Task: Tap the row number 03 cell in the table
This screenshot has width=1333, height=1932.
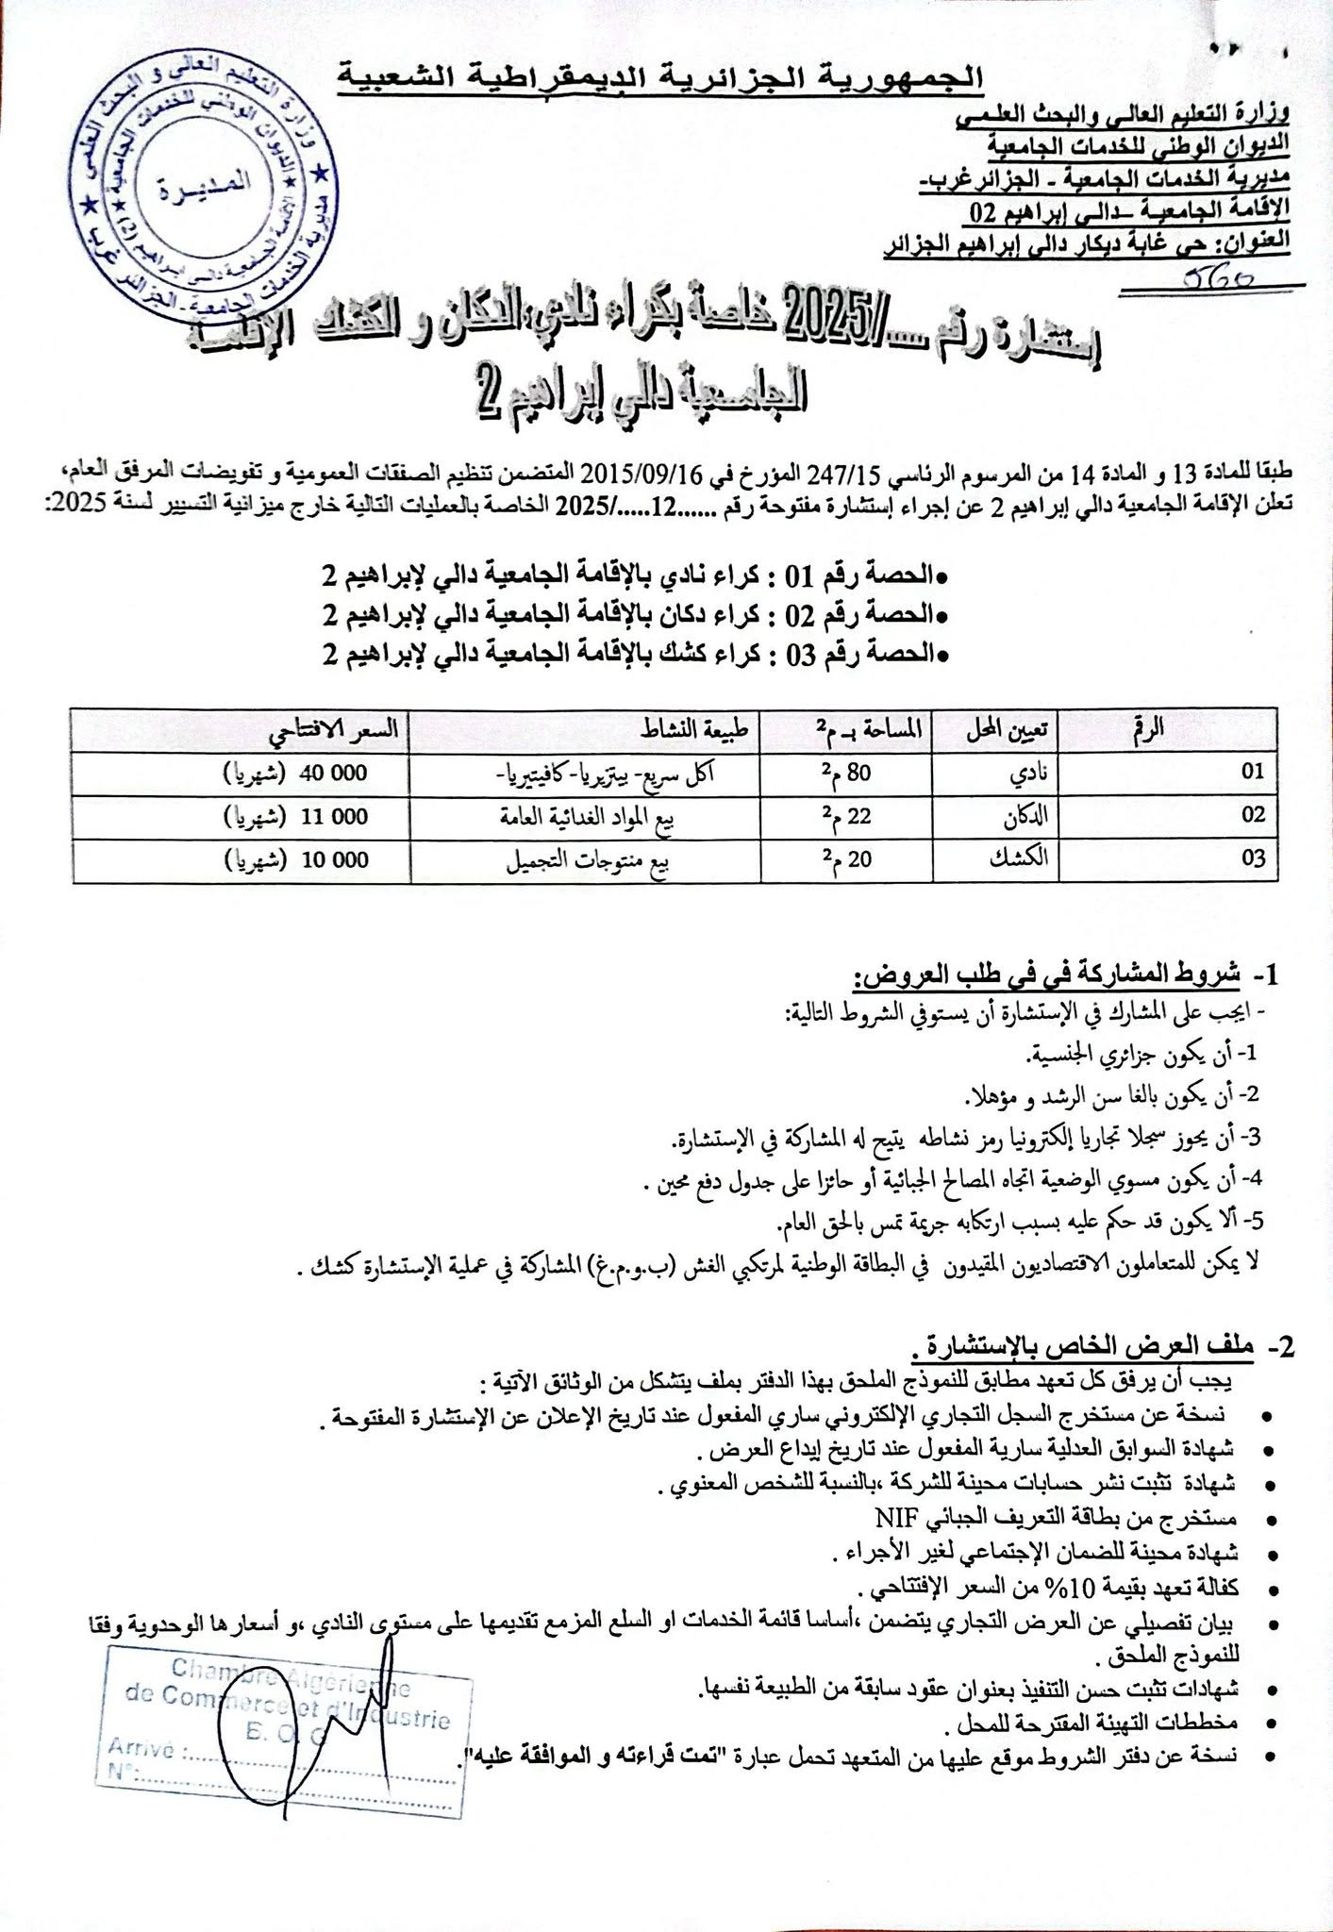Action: coord(1252,859)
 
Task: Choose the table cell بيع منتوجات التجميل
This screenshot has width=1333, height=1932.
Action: coord(584,859)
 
